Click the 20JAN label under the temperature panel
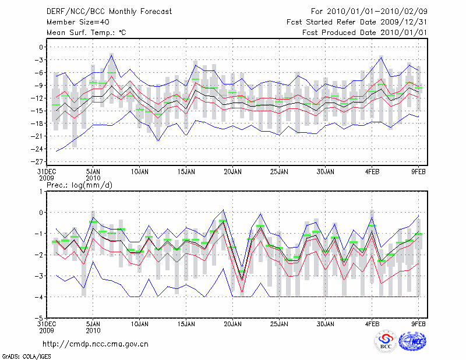pyautogui.click(x=233, y=172)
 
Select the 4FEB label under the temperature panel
pyautogui.click(x=372, y=172)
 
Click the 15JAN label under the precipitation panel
pyautogui.click(x=186, y=323)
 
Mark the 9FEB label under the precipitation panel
pyautogui.click(x=419, y=323)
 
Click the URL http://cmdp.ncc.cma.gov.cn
pyautogui.click(x=96, y=344)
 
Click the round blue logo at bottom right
pyautogui.click(x=412, y=344)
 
